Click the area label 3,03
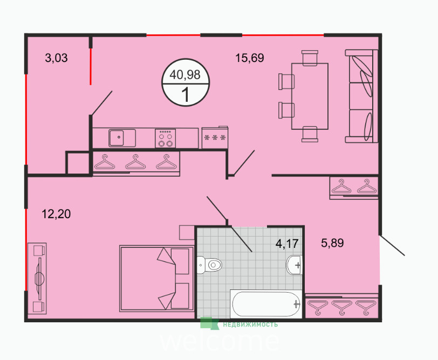(56, 58)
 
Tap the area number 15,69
(249, 58)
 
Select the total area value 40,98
(185, 74)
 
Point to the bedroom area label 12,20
(56, 214)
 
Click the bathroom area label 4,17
(287, 244)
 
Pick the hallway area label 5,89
(332, 243)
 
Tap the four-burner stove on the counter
(166, 138)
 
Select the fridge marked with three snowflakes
(215, 137)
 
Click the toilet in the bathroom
(209, 265)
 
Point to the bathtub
(266, 304)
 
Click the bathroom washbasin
(294, 265)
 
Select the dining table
(310, 96)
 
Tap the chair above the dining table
(310, 58)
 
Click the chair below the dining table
(310, 134)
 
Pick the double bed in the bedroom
(157, 279)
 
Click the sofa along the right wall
(361, 96)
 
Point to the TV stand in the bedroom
(37, 279)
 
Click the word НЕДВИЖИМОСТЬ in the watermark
(250, 324)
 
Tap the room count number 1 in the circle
(186, 95)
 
